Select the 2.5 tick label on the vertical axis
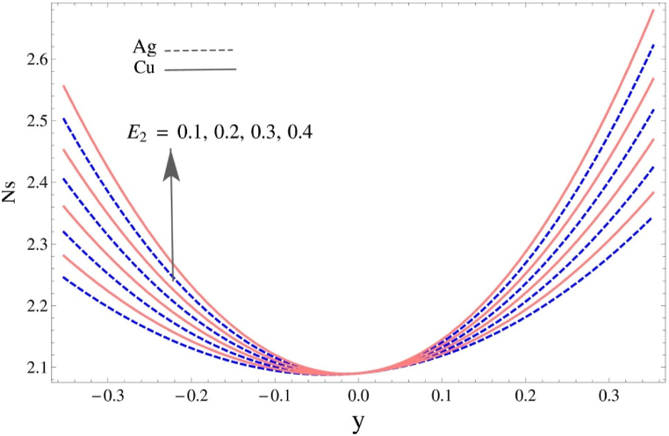point(30,121)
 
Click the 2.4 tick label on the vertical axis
point(30,182)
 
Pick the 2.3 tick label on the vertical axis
point(30,245)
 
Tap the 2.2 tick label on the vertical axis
point(30,306)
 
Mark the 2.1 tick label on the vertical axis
point(30,368)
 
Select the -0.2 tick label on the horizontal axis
point(176,397)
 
